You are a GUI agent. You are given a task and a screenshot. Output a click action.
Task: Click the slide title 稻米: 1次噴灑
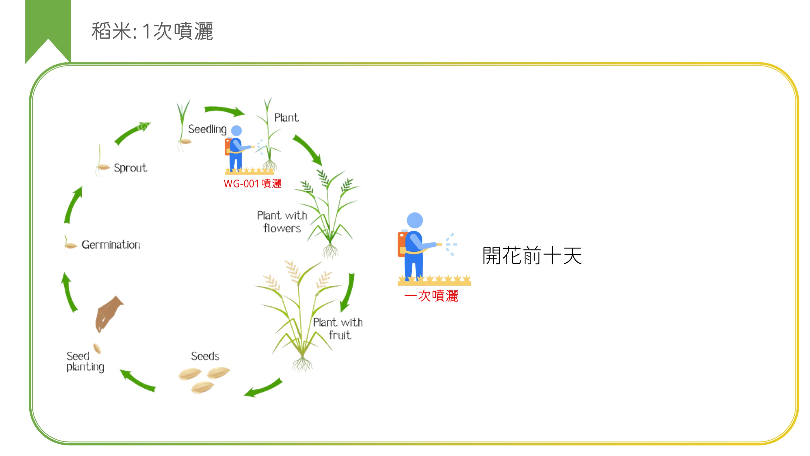pyautogui.click(x=152, y=31)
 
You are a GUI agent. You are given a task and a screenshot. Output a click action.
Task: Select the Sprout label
pyautogui.click(x=130, y=168)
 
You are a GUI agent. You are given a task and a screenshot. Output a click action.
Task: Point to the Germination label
pyautogui.click(x=111, y=245)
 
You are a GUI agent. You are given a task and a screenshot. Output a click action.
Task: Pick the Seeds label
pyautogui.click(x=205, y=356)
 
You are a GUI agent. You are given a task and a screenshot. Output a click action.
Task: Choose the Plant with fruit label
pyautogui.click(x=338, y=328)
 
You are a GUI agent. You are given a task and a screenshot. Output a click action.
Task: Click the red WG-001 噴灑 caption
pyautogui.click(x=252, y=184)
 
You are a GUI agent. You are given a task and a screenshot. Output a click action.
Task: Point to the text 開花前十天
pyautogui.click(x=532, y=255)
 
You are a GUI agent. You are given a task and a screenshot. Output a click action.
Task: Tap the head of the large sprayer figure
pyautogui.click(x=415, y=220)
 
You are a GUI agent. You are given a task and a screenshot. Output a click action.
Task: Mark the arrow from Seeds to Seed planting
pyautogui.click(x=138, y=381)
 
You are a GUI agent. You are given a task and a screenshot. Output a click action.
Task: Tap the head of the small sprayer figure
pyautogui.click(x=237, y=131)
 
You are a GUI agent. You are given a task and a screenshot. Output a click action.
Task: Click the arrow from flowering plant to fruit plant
pyautogui.click(x=348, y=293)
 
